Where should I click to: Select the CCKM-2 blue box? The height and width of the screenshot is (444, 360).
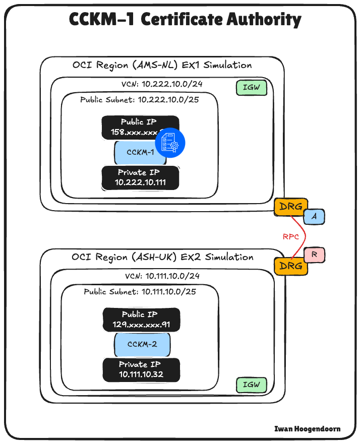tap(142, 345)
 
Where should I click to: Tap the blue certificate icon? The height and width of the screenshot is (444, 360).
tap(170, 142)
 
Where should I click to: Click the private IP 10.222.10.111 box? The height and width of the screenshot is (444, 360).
tap(140, 177)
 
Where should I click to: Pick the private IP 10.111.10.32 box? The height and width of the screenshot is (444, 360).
tap(141, 370)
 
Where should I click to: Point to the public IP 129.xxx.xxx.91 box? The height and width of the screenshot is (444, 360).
tap(141, 320)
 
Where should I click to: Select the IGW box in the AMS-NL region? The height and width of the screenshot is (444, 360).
tap(251, 88)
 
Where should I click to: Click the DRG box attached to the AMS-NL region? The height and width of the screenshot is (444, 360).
tap(290, 207)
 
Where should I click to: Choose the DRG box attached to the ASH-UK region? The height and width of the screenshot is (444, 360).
tap(290, 266)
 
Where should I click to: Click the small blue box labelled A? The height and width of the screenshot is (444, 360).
tap(314, 216)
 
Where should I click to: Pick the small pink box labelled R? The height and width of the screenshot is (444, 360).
tap(314, 256)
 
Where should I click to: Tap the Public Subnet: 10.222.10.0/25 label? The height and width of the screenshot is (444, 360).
tap(140, 99)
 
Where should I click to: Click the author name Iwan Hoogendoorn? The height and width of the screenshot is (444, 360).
tap(307, 429)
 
